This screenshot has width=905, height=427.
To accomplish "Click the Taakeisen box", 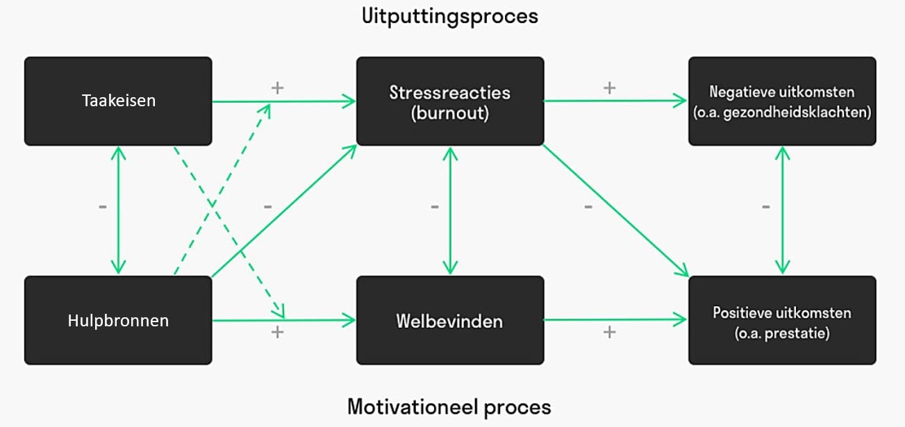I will [118, 101].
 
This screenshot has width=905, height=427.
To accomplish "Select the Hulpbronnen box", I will [118, 320].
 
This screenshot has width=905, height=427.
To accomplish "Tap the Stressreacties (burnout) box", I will [450, 101].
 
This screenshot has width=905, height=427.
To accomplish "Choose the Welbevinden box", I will [450, 321].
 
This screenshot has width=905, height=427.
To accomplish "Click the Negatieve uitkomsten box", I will [782, 101].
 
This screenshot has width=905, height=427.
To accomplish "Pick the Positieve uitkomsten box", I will [782, 321].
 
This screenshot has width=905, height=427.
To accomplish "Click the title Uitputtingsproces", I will [450, 16].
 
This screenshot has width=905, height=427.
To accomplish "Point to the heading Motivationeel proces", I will [449, 406].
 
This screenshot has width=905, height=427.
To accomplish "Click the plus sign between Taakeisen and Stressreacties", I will [277, 87].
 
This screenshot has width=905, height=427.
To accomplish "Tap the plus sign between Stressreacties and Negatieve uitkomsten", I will [609, 87].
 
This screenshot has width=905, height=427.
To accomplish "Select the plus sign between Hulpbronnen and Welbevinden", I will [277, 332].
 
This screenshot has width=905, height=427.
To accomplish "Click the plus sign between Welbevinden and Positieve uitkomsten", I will [609, 332].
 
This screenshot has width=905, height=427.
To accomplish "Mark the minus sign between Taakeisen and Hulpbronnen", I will [103, 207].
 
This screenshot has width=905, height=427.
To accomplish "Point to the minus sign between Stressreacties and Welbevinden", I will [434, 207].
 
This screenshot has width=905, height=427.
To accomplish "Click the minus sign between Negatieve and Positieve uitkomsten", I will [766, 207].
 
